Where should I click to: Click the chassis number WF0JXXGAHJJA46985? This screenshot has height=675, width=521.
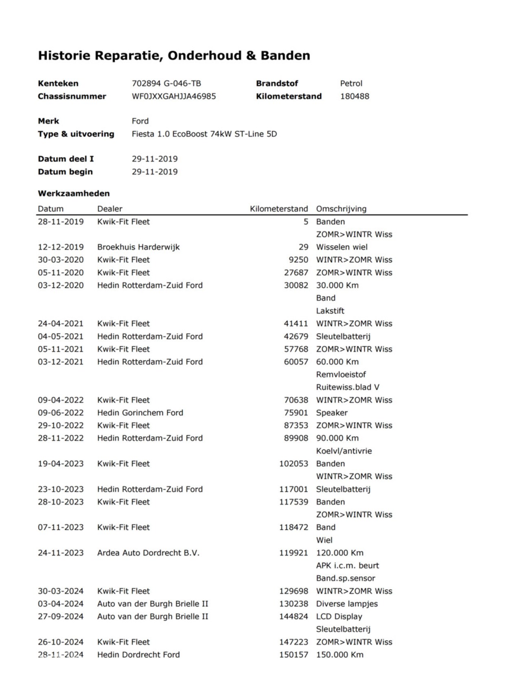pyautogui.click(x=174, y=97)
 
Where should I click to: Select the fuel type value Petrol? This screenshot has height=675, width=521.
pyautogui.click(x=351, y=84)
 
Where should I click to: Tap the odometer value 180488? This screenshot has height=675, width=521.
pyautogui.click(x=355, y=97)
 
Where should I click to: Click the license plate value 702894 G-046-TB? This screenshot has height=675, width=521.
pyautogui.click(x=166, y=84)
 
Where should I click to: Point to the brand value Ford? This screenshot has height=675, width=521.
pyautogui.click(x=140, y=121)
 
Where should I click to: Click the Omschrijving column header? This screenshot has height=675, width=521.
pyautogui.click(x=341, y=209)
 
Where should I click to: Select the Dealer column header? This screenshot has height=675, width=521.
pyautogui.click(x=109, y=209)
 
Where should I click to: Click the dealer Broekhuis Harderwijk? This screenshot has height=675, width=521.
pyautogui.click(x=138, y=247)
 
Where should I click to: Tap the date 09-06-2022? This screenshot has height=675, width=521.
pyautogui.click(x=61, y=413)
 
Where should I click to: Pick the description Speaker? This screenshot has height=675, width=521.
pyautogui.click(x=332, y=413)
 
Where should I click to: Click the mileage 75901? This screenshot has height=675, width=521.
pyautogui.click(x=296, y=413)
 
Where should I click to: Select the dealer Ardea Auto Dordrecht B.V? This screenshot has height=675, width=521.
pyautogui.click(x=148, y=553)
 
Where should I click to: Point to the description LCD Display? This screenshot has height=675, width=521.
pyautogui.click(x=339, y=616)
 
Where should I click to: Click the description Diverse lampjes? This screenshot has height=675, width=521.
pyautogui.click(x=347, y=604)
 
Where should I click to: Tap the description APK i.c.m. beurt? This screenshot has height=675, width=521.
pyautogui.click(x=347, y=565)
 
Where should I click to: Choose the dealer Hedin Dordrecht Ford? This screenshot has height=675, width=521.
pyautogui.click(x=138, y=655)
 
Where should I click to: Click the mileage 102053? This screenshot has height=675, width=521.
pyautogui.click(x=293, y=464)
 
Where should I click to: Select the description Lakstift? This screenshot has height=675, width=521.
pyautogui.click(x=330, y=311)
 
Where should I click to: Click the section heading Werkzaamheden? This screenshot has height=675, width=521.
pyautogui.click(x=74, y=193)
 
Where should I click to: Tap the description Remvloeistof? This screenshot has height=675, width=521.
pyautogui.click(x=341, y=374)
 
